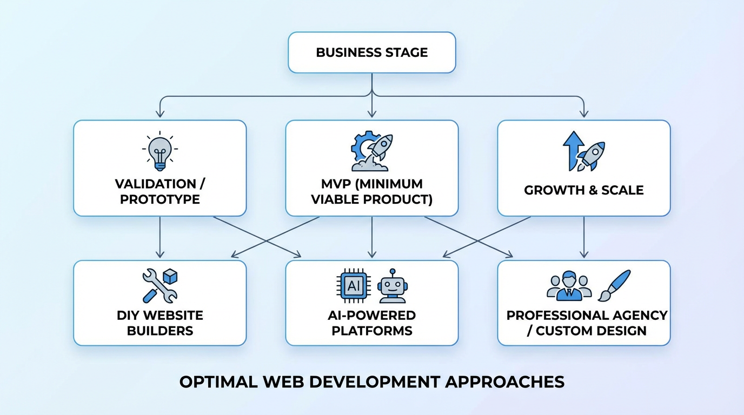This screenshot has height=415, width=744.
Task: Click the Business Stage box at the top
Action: coord(371,52)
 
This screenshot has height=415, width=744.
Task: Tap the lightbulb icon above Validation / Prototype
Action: coord(160,150)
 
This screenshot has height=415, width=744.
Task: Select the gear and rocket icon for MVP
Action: coord(371,150)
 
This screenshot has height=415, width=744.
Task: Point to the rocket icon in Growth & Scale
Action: coord(592,155)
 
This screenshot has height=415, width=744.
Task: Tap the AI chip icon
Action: coord(353,286)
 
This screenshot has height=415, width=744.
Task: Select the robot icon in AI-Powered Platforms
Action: coord(393,286)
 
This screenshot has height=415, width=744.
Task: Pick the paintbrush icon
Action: coord(615,285)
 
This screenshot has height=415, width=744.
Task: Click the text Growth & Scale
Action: coord(583,190)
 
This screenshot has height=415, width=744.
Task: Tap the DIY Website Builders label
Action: coord(160,323)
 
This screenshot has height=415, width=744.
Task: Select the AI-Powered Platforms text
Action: coord(371,323)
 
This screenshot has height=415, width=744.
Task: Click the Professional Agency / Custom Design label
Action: coord(587,323)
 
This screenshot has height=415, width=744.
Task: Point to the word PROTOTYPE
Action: coord(160,199)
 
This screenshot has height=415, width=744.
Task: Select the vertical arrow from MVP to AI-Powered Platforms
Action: coord(371,238)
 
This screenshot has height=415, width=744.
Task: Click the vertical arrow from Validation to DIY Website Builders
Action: coord(160,238)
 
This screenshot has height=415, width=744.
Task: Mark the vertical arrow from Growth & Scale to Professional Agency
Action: coord(583,238)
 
